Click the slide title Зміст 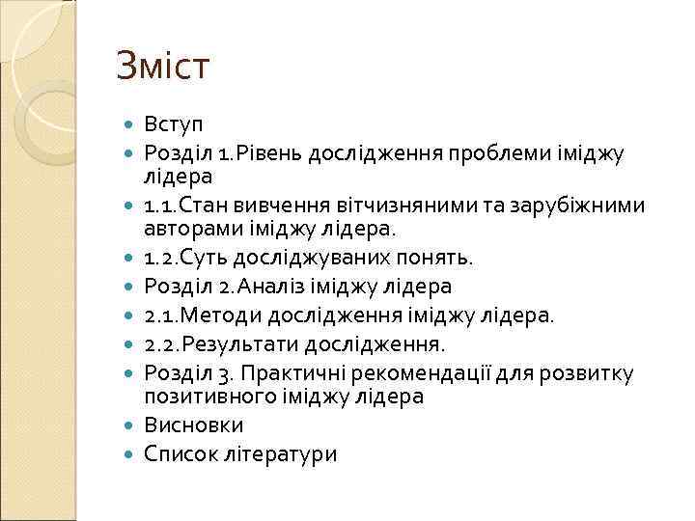coord(162,67)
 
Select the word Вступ coord(174,124)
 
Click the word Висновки coord(193,425)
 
